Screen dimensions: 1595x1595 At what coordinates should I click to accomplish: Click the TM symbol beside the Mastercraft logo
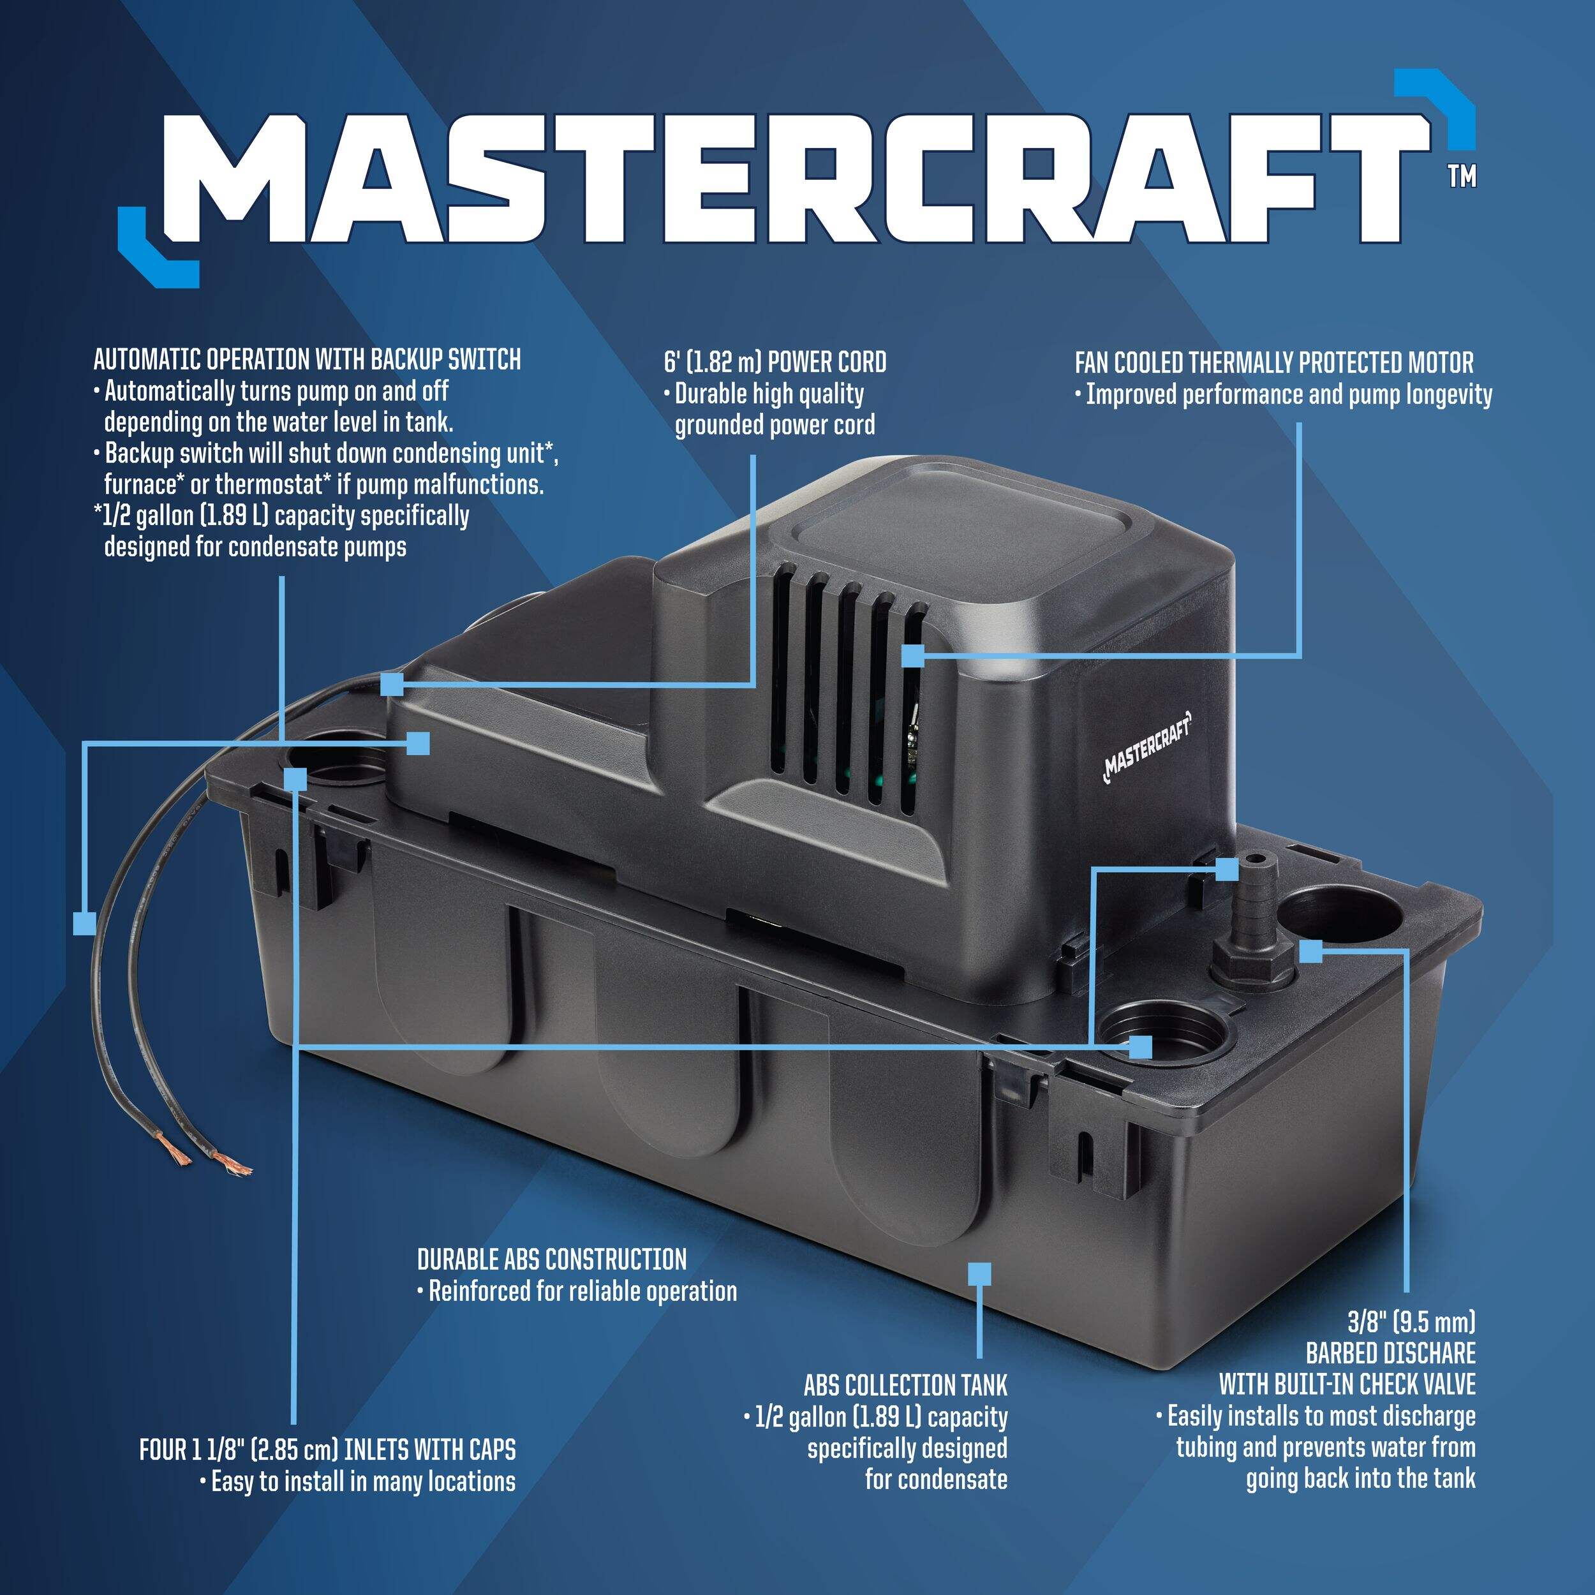pos(1462,177)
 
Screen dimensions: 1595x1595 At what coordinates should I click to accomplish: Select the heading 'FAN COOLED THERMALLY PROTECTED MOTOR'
pos(1274,362)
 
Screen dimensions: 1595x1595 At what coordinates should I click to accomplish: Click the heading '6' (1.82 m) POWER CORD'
pos(775,362)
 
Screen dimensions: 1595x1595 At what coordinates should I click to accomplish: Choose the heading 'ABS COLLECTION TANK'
pos(906,1384)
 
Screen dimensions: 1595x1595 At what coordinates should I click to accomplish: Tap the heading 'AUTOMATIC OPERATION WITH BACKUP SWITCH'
pos(307,359)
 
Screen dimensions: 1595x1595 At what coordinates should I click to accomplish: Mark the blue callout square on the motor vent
pos(912,657)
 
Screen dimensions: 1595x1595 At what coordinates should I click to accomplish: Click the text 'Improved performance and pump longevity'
pos(1289,395)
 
